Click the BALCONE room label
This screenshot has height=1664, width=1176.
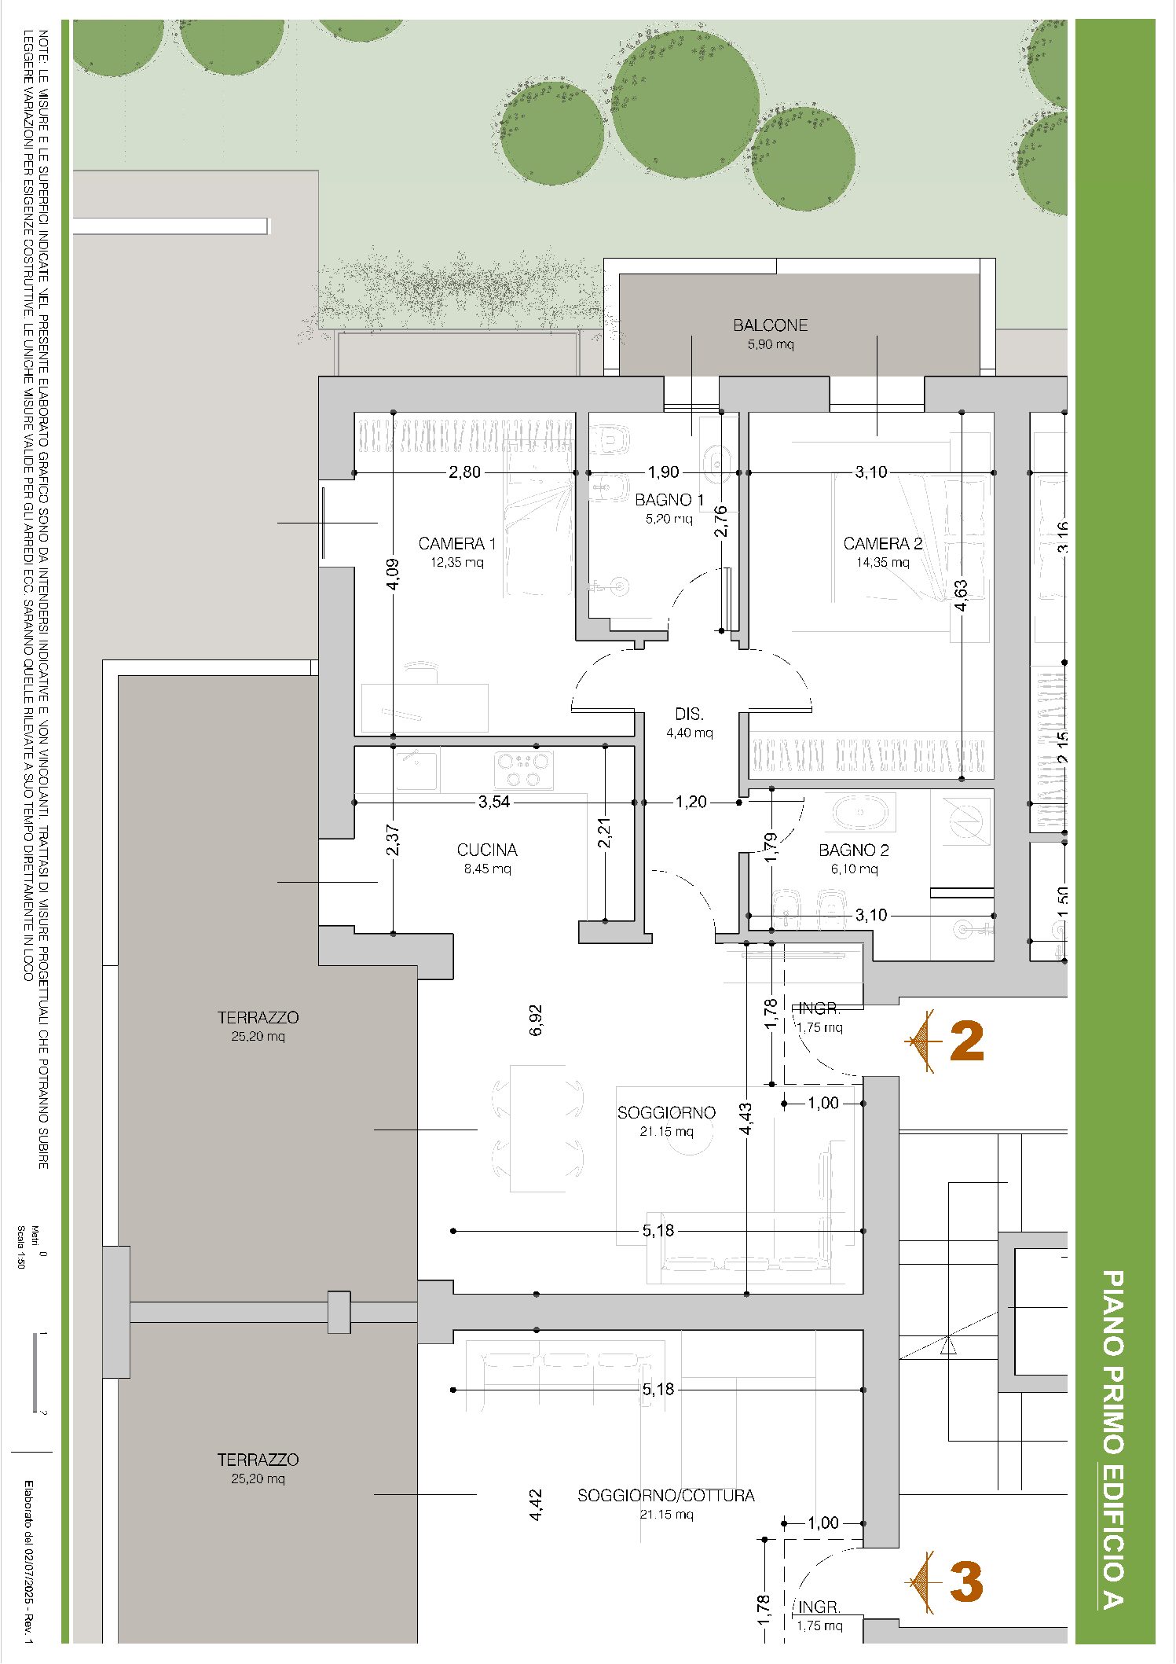tap(770, 325)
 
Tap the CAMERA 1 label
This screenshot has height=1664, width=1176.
tap(456, 543)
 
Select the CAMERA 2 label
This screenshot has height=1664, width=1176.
tap(882, 543)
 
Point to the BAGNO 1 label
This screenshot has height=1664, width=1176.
tap(669, 499)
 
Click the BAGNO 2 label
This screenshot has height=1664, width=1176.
tap(854, 850)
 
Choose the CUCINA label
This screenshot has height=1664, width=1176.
tap(487, 850)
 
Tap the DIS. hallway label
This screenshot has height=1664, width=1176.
tap(689, 714)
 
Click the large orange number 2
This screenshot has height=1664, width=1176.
tap(966, 1041)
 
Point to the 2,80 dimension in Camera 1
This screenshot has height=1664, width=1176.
tap(464, 472)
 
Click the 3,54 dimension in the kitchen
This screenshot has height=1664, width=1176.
tap(494, 802)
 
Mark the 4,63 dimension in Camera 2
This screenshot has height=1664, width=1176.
tap(961, 595)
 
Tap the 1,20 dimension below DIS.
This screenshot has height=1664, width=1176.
tap(691, 802)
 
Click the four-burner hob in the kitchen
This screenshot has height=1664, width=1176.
tap(523, 770)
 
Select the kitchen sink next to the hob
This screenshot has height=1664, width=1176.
tap(416, 769)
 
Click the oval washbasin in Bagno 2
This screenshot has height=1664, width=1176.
tap(860, 813)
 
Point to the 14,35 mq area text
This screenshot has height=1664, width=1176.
tap(882, 562)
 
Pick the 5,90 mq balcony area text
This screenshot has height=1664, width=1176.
tap(771, 343)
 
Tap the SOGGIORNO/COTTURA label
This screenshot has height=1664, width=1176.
tap(666, 1495)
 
